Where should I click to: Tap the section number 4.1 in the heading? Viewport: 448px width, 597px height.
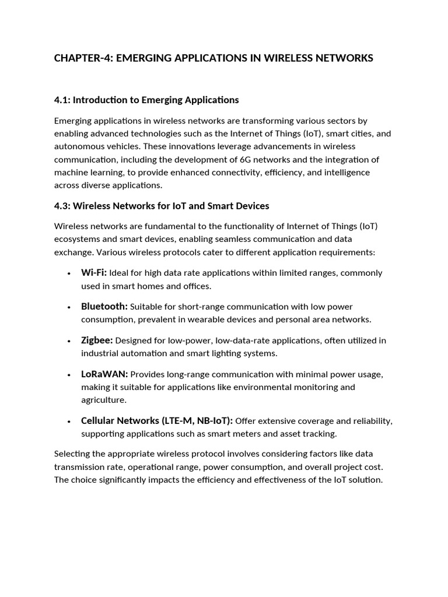point(61,100)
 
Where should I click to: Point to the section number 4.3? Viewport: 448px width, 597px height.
point(61,206)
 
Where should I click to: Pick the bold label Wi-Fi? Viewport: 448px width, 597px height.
point(93,273)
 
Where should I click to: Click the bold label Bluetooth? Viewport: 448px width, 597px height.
point(104,307)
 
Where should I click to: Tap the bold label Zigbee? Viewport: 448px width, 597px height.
point(97,340)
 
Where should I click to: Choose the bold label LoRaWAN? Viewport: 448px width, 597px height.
point(104,374)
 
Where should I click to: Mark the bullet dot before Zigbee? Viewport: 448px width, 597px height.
point(69,341)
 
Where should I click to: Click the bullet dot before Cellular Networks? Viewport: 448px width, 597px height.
point(69,422)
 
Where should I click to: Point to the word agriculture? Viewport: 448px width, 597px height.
point(103,400)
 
